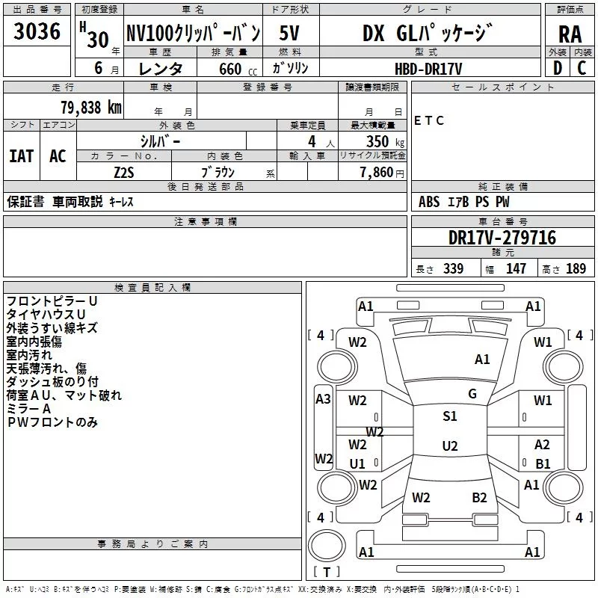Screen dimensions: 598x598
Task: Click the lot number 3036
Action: pos(37,31)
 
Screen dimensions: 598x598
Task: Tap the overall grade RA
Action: pos(570,34)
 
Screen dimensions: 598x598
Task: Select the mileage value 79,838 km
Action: pos(91,108)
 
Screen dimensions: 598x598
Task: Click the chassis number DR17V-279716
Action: pos(502,238)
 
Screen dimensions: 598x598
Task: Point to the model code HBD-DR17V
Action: pos(428,69)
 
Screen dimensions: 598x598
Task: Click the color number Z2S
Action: pos(124,173)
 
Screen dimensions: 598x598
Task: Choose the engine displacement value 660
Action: pos(230,69)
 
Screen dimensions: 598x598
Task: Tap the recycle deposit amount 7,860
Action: pos(377,173)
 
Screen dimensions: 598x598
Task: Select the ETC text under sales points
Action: pos(429,121)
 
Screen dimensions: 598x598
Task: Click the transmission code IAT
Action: pos(22,156)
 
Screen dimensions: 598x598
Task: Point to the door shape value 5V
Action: pos(289,33)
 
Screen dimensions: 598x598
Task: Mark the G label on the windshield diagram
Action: pos(472,394)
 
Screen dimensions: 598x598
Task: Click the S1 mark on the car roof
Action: pos(450,416)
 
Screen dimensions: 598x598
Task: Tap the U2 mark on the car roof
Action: pos(450,446)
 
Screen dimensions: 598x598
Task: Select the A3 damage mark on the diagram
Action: pos(323,399)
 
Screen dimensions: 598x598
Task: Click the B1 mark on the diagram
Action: pos(543,463)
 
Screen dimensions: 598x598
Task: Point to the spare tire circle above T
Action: pos(327,546)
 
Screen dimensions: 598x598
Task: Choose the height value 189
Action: pos(576,269)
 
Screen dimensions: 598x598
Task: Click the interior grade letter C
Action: pos(582,68)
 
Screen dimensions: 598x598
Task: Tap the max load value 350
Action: pos(377,142)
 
